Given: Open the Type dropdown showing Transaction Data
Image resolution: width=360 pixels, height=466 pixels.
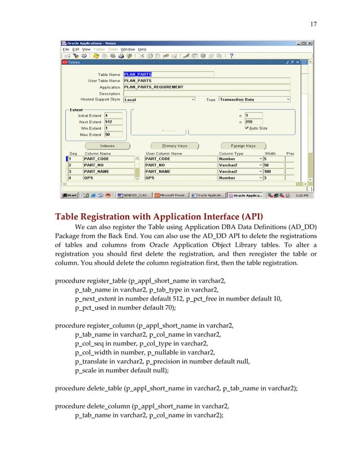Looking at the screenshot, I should (254, 99).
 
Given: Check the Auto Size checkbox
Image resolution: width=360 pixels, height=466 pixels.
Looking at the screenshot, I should (247, 128).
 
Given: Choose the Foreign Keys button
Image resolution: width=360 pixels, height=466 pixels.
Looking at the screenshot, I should (243, 146).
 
